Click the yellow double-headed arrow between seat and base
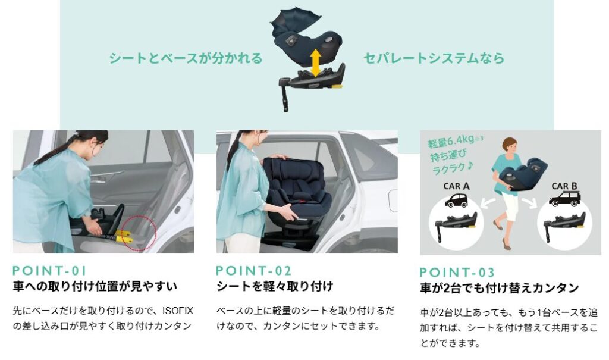(x=315, y=62)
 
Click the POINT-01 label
(x=49, y=271)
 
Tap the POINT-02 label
(x=253, y=271)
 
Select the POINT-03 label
(x=457, y=272)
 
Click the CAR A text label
(x=456, y=186)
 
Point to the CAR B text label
(x=564, y=186)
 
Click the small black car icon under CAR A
(x=456, y=200)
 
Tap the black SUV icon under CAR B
(x=564, y=199)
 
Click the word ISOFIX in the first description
(x=177, y=311)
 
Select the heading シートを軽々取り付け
(x=275, y=287)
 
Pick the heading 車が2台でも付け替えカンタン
(x=499, y=288)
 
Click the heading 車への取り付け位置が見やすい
(x=95, y=287)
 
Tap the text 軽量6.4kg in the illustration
(x=451, y=142)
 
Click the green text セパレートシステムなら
(x=434, y=58)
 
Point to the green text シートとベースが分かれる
(x=186, y=58)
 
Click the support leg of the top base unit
(x=285, y=95)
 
